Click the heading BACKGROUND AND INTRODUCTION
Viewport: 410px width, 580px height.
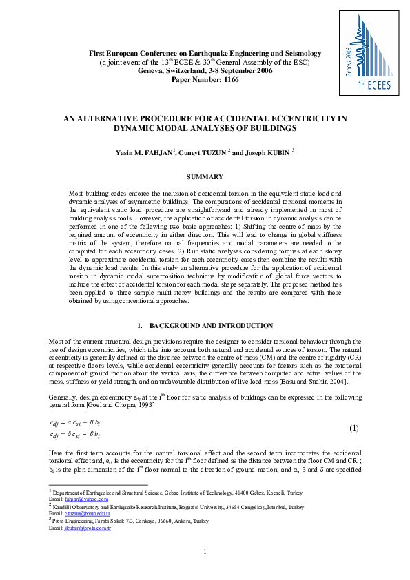(x=211, y=325)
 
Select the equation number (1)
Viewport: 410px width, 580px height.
(x=353, y=428)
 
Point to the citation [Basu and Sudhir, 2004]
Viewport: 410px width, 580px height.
(x=316, y=381)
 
